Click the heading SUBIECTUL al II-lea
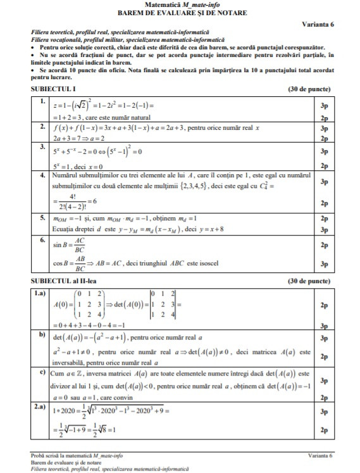(x=61, y=280)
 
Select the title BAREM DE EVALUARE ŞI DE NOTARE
(x=180, y=13)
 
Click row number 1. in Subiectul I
(x=42, y=101)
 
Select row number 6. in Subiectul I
(x=42, y=241)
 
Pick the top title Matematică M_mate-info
(x=180, y=4)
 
